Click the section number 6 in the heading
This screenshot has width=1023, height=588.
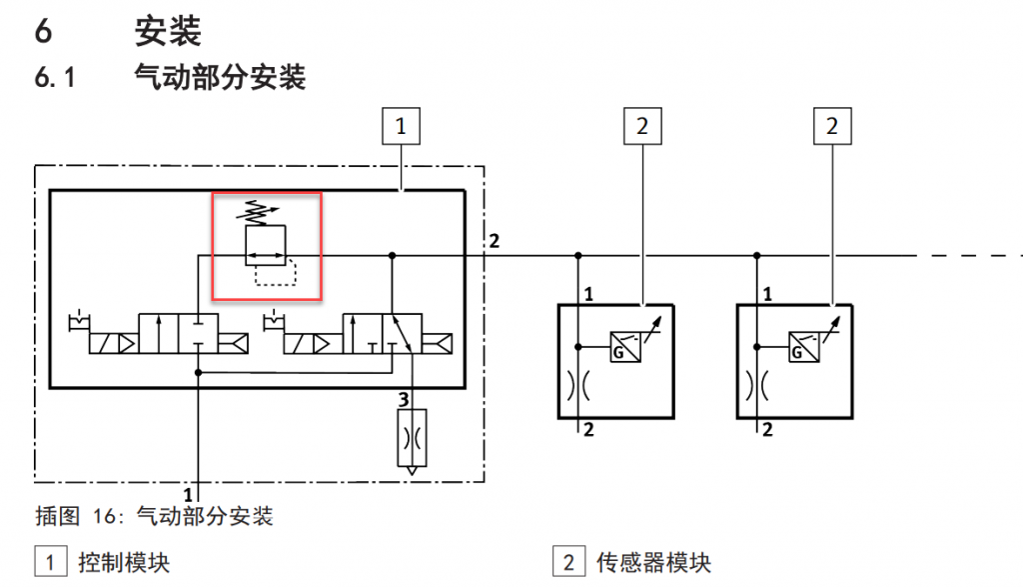coord(43,31)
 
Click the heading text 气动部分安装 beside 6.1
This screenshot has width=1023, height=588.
coord(220,76)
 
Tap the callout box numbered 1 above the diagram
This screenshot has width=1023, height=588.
coord(401,126)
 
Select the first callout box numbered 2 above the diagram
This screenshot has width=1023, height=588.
coord(642,126)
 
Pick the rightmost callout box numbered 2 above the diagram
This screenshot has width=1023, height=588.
coord(832,126)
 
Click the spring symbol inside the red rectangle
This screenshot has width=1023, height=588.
coord(257,212)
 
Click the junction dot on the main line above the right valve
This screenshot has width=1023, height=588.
coord(392,255)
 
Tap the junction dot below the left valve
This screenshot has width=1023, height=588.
coord(199,372)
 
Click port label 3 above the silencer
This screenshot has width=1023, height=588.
coord(404,399)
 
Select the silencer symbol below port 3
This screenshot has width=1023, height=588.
coord(412,438)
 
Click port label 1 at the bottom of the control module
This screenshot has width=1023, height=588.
coord(188,495)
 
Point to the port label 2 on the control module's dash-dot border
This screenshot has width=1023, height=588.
coord(495,241)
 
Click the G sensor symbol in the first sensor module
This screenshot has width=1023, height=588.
coord(625,347)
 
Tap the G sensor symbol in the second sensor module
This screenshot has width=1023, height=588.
coord(804,347)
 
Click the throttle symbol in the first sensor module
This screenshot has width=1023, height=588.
coord(578,385)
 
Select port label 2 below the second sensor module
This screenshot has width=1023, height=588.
coord(767,429)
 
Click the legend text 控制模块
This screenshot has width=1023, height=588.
coord(124,563)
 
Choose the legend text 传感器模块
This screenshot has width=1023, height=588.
coord(653,563)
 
